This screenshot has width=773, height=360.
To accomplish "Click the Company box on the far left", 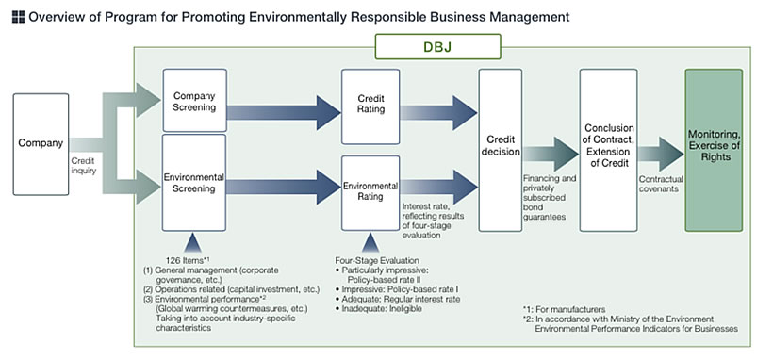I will point(41,144).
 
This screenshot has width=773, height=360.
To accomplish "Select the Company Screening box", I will point(196,101).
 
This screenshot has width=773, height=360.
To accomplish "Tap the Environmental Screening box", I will point(196,181).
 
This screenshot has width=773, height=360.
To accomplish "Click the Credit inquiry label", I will point(84,166).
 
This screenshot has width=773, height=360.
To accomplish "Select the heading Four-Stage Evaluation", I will point(378,259).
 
